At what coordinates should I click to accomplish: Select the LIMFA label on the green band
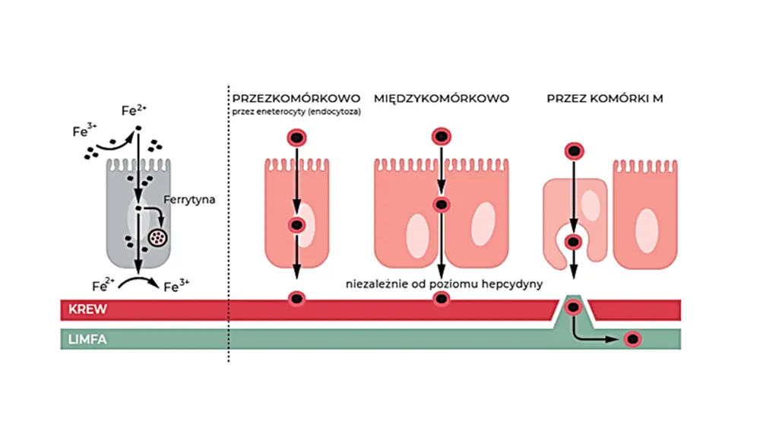click(x=86, y=340)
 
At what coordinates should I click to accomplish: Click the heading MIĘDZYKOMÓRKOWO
click(x=441, y=99)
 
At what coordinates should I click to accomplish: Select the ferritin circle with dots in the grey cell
click(x=158, y=238)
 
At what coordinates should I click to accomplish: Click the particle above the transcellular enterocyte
click(x=296, y=138)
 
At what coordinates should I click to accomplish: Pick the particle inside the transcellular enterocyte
click(x=296, y=225)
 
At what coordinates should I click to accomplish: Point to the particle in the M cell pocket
click(x=575, y=243)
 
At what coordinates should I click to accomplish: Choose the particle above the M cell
click(x=575, y=150)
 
